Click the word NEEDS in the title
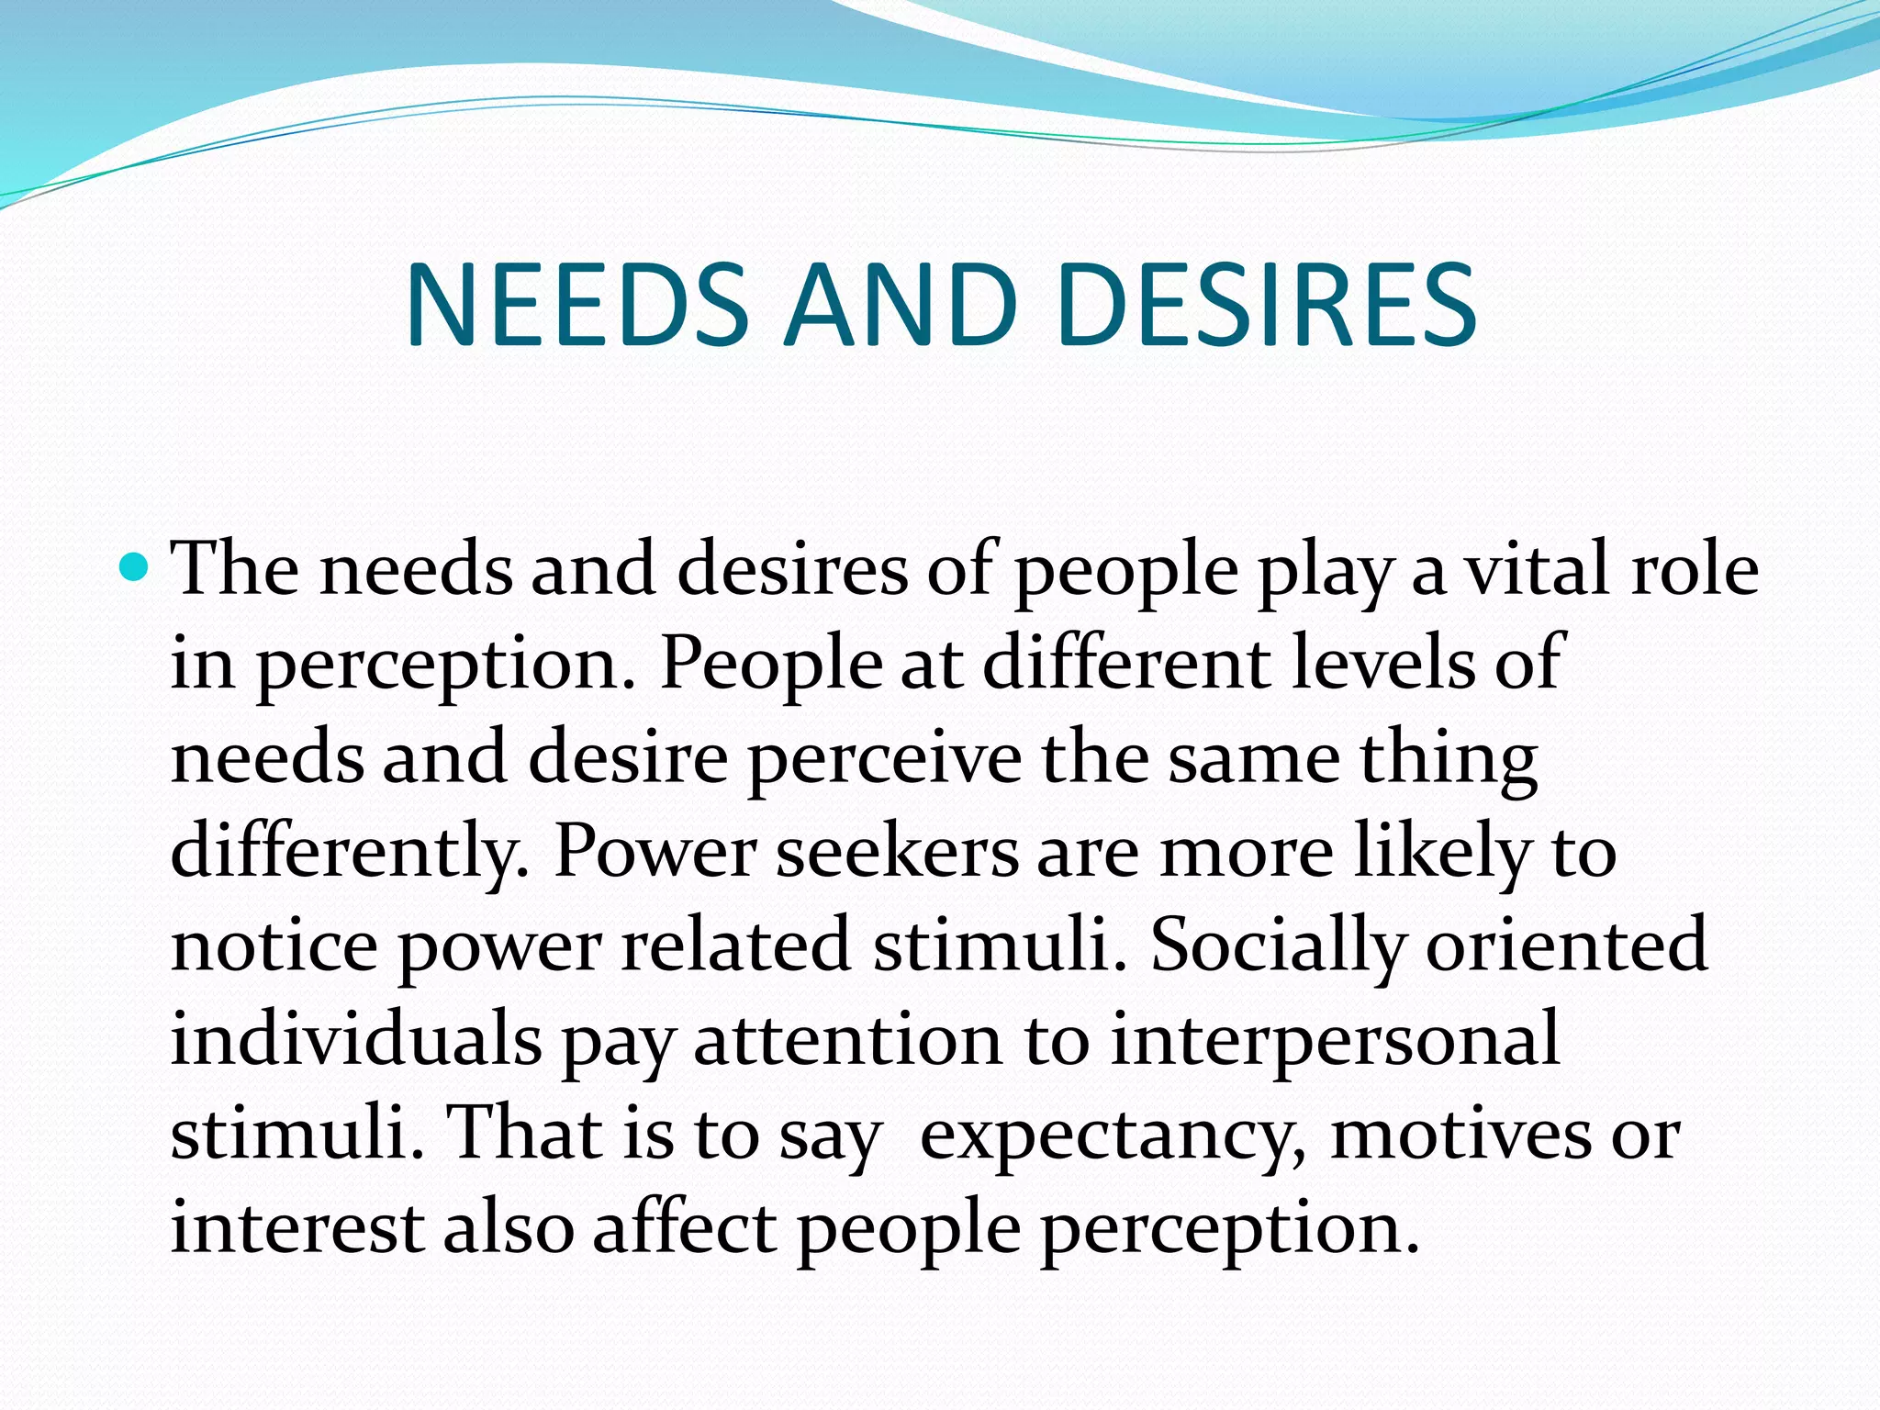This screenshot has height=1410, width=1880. (x=577, y=305)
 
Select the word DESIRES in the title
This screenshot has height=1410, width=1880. (x=1267, y=305)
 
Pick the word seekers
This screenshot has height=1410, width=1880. (x=897, y=852)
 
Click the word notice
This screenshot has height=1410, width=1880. (x=274, y=946)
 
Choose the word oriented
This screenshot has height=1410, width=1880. (x=1566, y=946)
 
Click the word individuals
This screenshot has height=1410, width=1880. (x=356, y=1039)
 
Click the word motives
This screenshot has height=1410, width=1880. (x=1460, y=1135)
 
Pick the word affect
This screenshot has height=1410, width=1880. (x=685, y=1228)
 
